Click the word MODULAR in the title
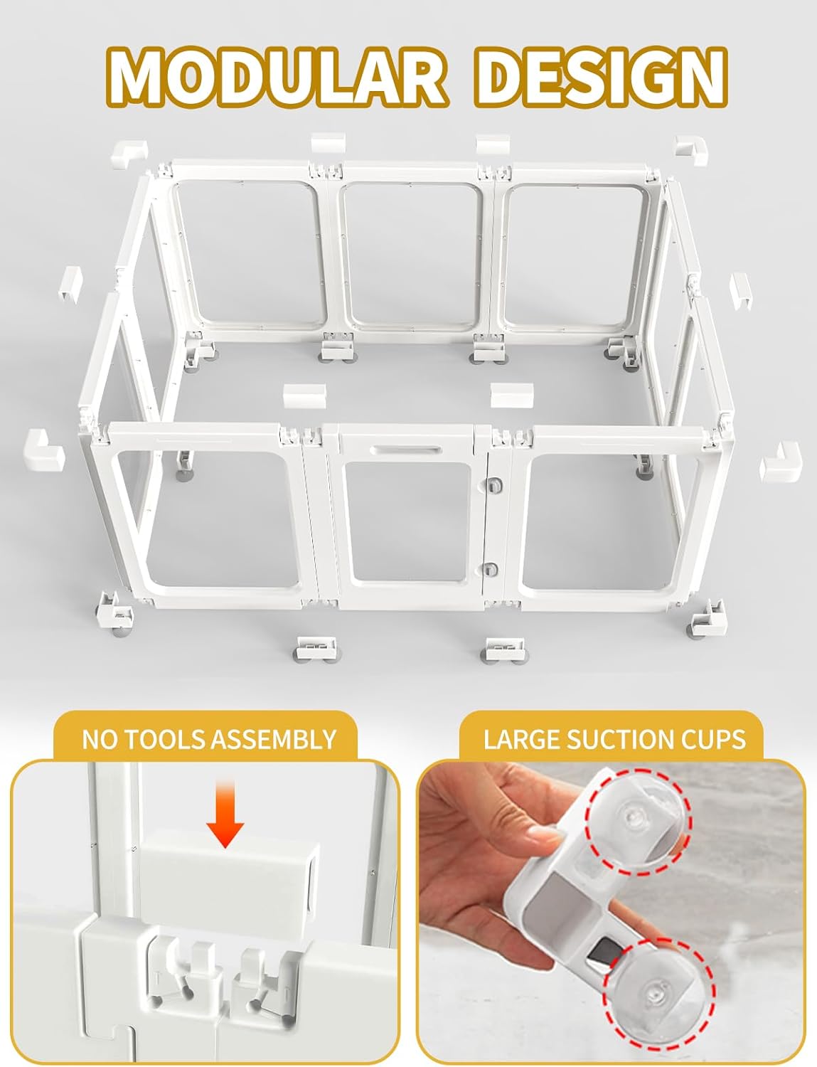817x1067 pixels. pyautogui.click(x=277, y=76)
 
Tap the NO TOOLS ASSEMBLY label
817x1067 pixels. pyautogui.click(x=208, y=739)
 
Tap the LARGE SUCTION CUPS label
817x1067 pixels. pyautogui.click(x=614, y=739)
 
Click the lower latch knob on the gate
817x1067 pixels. pyautogui.click(x=490, y=568)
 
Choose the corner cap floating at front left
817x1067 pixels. pyautogui.click(x=43, y=450)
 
